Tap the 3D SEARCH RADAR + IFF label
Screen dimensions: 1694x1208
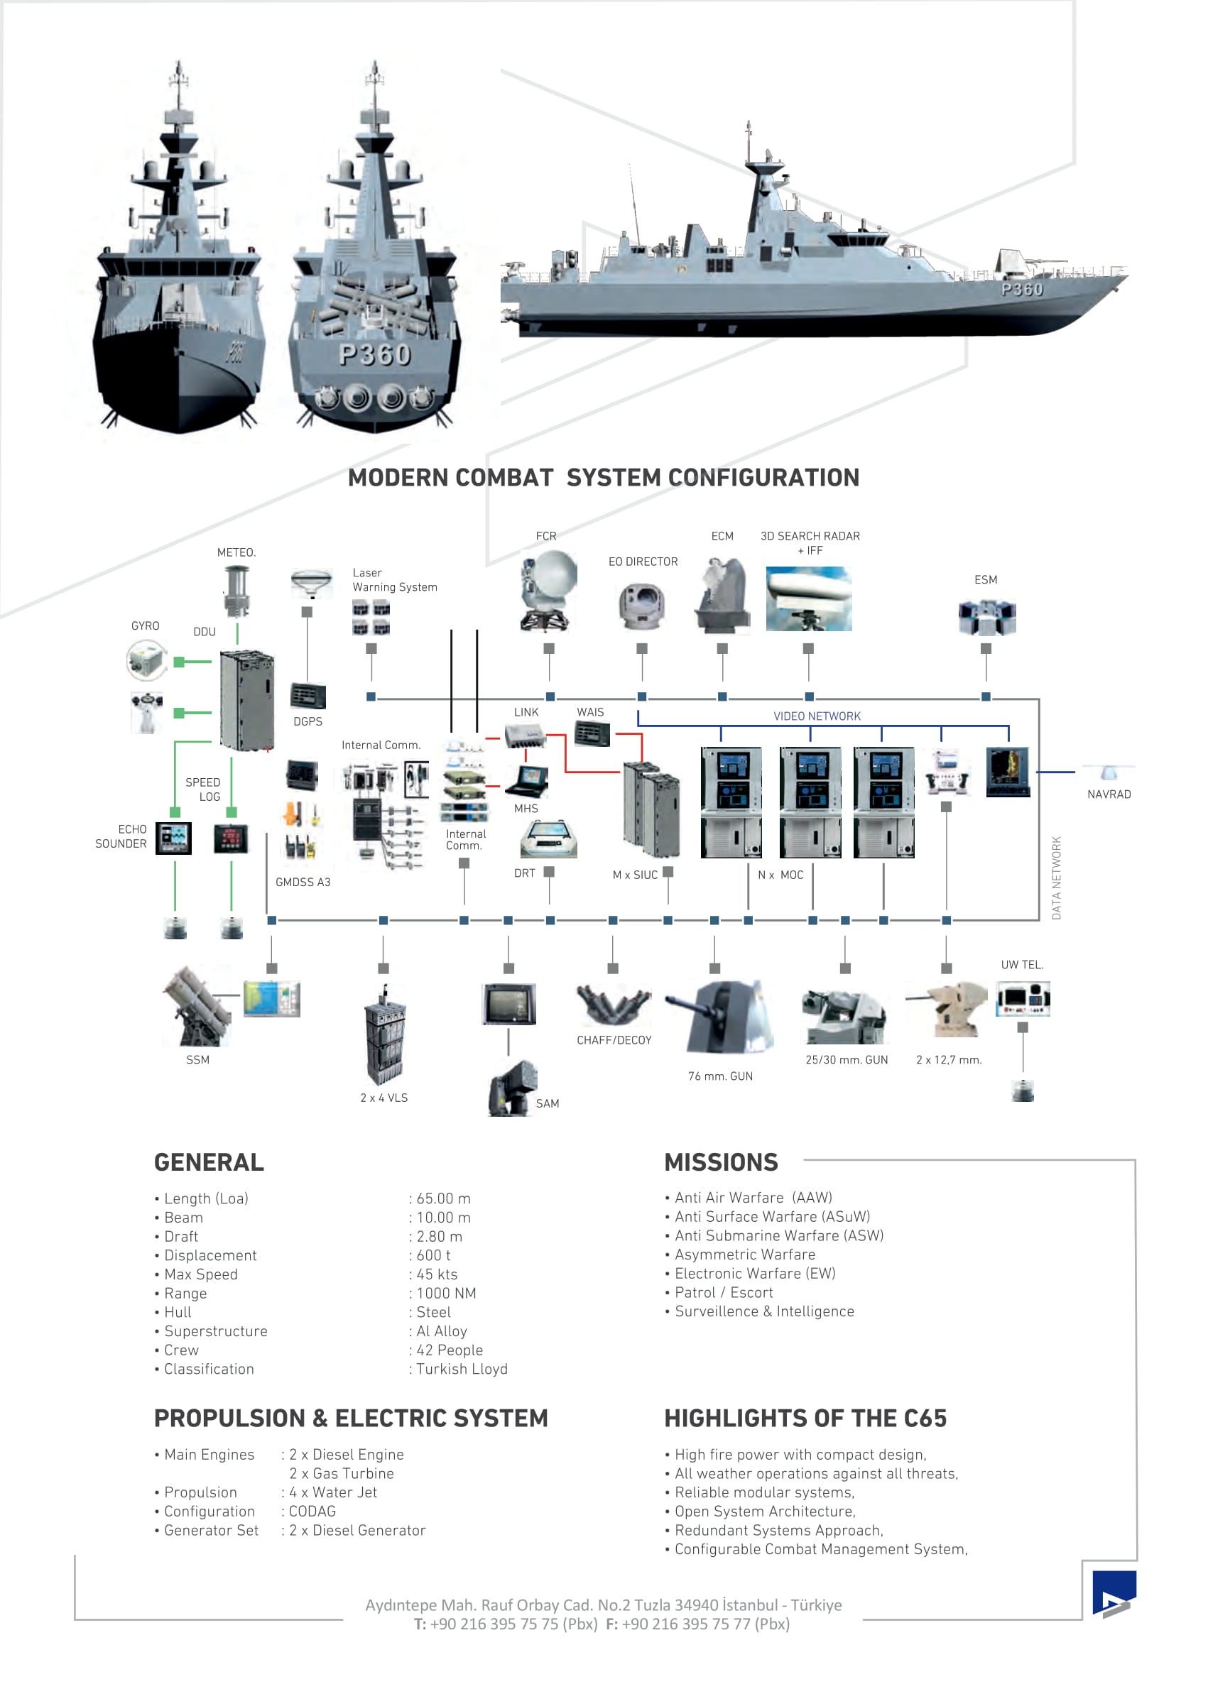click(x=810, y=543)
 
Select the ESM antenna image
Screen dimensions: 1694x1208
click(x=986, y=616)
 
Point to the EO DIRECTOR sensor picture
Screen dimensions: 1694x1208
click(x=641, y=606)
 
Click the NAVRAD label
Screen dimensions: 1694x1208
click(x=1109, y=794)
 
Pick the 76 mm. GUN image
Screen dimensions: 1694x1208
click(x=719, y=1017)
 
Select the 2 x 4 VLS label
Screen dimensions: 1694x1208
click(x=383, y=1098)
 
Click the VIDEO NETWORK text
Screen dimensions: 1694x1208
click(x=817, y=716)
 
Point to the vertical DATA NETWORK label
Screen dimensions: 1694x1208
click(x=1056, y=878)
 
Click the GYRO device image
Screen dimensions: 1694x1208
click(x=146, y=660)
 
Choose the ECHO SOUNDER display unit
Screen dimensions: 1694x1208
click(x=173, y=838)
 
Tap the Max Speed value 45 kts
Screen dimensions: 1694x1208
click(x=437, y=1274)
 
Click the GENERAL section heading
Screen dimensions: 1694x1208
click(x=209, y=1162)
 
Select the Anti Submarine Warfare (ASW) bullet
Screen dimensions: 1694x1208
click(x=778, y=1235)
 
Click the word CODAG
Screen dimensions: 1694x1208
click(x=312, y=1511)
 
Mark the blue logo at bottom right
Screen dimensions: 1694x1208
click(x=1114, y=1593)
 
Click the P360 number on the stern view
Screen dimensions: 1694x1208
click(x=375, y=355)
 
